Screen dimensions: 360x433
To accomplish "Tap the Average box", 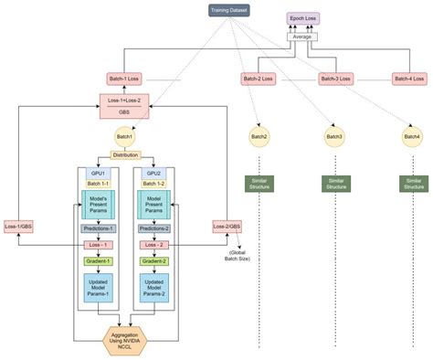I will click(x=302, y=37).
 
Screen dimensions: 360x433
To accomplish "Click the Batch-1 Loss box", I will click(x=125, y=79).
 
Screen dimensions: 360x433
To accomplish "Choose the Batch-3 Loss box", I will click(x=335, y=79).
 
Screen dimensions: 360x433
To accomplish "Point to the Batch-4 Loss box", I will click(x=408, y=79).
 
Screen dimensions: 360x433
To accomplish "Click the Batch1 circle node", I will click(x=125, y=136).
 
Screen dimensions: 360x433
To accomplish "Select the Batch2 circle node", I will click(x=259, y=136).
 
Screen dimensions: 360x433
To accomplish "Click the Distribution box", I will click(x=125, y=155).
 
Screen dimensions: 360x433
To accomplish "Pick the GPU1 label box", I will click(x=98, y=172).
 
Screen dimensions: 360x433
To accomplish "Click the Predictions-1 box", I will click(x=98, y=229).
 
